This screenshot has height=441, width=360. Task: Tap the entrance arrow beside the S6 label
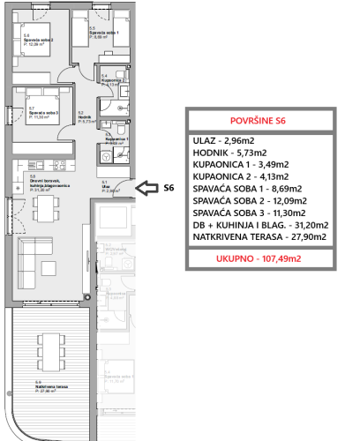146,188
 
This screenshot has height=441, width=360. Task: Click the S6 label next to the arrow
170,188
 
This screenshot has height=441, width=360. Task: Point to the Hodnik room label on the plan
81,117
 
